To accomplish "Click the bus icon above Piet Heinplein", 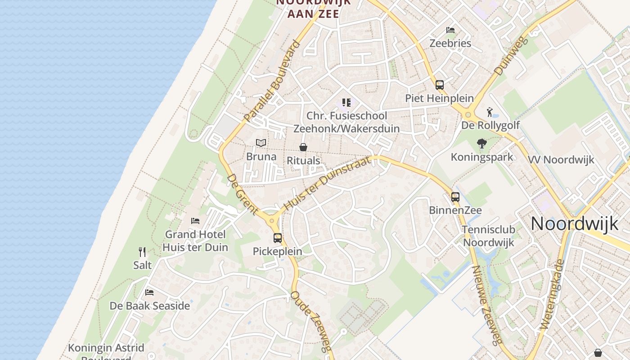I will point(439,85).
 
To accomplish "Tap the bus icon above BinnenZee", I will point(455,197).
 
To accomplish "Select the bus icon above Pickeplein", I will point(278,238).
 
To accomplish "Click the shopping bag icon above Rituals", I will point(303,147).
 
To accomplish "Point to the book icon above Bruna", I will point(261,143).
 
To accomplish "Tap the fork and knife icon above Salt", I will point(142,252).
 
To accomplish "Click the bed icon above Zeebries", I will point(450,30).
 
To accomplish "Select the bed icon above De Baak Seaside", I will point(149,292).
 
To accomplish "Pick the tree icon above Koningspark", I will point(482,144).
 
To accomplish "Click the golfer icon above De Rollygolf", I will point(490,112).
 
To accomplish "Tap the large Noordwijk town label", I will point(575,224).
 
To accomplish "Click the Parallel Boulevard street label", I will point(272,82).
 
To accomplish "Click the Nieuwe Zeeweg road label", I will point(486,305).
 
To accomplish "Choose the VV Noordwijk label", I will point(561,160).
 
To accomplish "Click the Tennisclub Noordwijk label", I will point(488,236).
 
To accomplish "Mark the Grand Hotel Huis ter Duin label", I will point(195,241).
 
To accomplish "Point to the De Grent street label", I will point(242,194).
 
